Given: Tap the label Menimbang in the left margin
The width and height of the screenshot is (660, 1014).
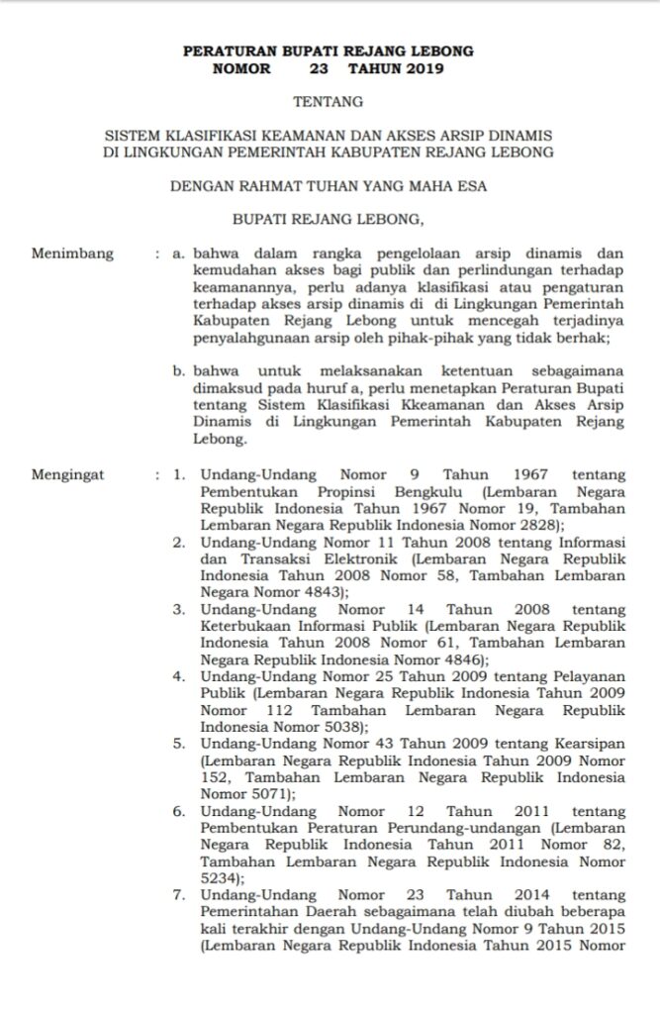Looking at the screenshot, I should click(72, 253).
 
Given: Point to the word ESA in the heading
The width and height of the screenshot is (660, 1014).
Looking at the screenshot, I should click(474, 184).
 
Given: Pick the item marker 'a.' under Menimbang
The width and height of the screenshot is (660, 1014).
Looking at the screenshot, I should click(178, 253).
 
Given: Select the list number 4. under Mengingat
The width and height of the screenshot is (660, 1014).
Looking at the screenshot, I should click(180, 676).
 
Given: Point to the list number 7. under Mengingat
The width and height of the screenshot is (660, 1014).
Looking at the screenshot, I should click(180, 894).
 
